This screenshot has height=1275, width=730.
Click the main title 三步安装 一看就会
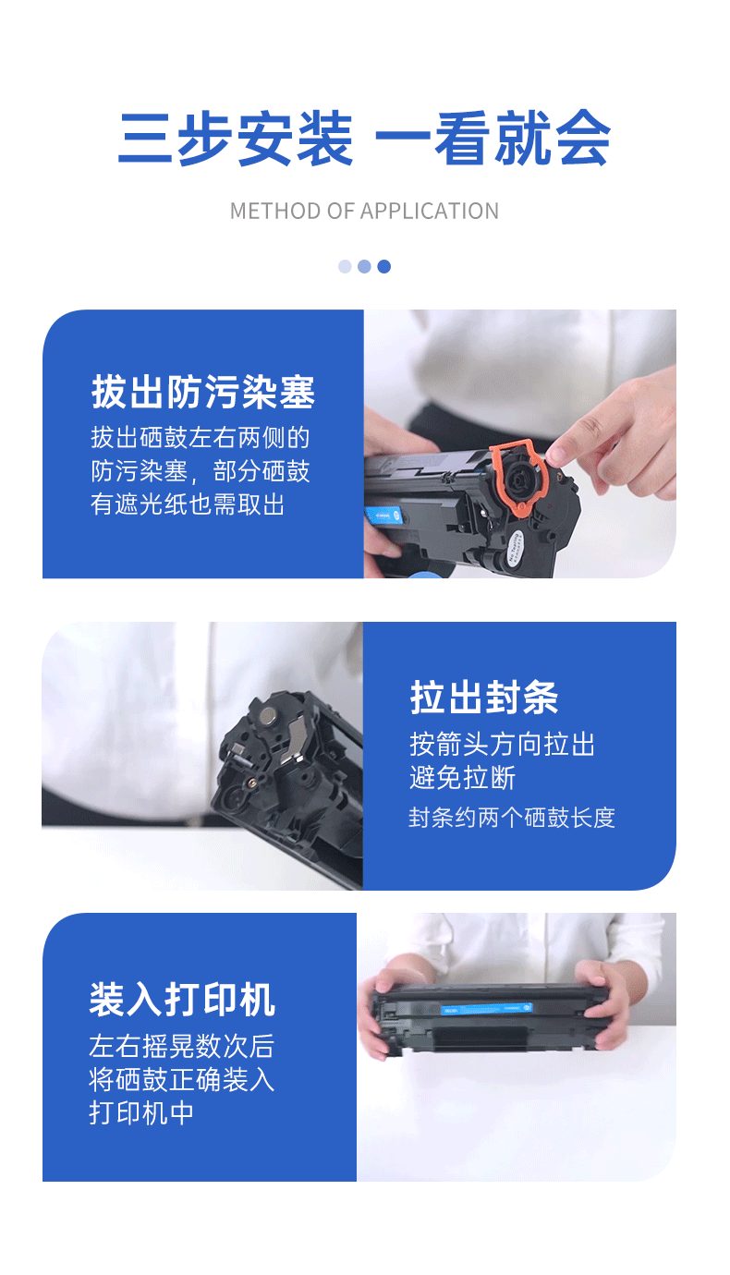point(364,140)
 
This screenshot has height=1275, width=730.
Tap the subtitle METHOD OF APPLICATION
point(364,211)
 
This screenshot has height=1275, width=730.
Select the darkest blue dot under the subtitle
point(384,266)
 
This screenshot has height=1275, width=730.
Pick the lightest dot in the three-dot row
point(345,266)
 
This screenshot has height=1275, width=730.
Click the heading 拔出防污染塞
point(203,393)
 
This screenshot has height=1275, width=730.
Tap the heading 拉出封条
point(484,698)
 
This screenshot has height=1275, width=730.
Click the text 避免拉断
point(462,777)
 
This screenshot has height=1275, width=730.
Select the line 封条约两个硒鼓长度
point(512,817)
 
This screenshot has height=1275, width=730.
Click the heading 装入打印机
point(182,1000)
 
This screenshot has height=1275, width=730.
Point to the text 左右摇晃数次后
point(181,1046)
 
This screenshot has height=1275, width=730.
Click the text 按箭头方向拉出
point(502,745)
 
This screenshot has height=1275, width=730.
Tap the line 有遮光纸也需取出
point(188,504)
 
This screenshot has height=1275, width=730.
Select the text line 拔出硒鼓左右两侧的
point(200,437)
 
